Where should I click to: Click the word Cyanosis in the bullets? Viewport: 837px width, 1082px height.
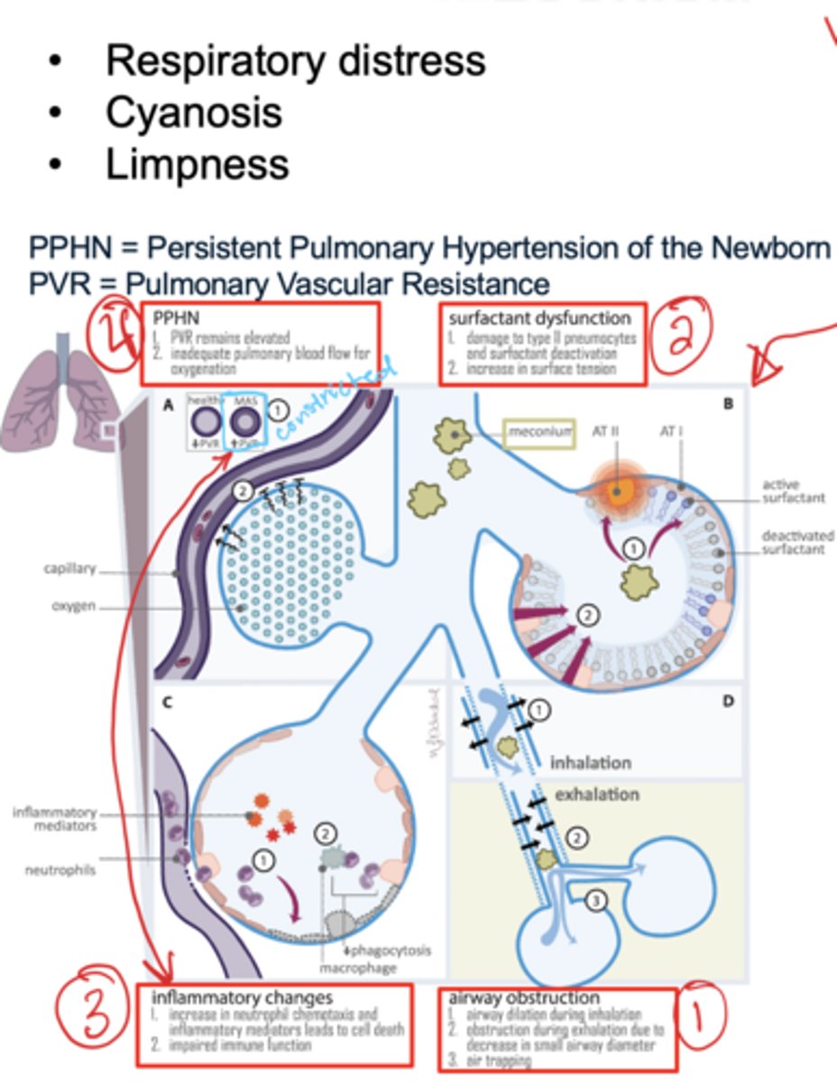tap(193, 113)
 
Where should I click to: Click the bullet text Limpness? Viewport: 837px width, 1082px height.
tap(197, 165)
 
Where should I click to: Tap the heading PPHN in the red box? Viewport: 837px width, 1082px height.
tap(175, 318)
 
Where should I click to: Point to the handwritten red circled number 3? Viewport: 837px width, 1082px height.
tap(91, 1015)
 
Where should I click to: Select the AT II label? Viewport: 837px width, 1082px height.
tap(605, 431)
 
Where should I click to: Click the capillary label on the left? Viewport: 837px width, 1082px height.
tap(69, 570)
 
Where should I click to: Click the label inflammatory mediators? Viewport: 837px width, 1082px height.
tap(54, 818)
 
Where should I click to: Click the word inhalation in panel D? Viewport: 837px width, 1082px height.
tap(591, 762)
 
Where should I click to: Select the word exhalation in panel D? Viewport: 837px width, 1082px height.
tap(596, 795)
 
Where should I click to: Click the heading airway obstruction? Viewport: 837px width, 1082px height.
tap(523, 998)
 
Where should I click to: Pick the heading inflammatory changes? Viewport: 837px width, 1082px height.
tap(242, 997)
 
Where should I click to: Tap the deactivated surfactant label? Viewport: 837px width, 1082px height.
tap(797, 541)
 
